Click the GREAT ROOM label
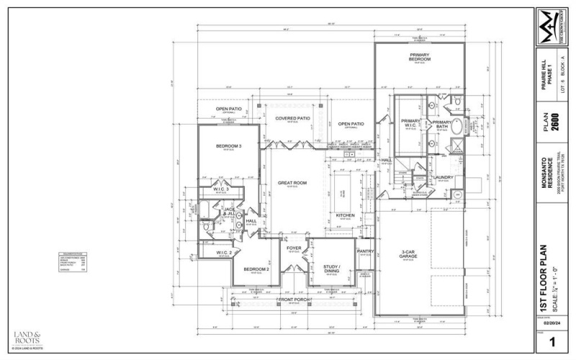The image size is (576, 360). [292, 184]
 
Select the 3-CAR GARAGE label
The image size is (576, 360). [410, 253]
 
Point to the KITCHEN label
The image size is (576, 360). [345, 215]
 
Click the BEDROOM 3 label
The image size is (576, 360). [228, 146]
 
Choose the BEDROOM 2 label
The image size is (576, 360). [256, 269]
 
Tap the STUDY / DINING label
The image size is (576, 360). [331, 268]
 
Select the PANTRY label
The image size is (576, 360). [365, 251]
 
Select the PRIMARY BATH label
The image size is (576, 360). [441, 124]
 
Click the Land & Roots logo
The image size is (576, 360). [28, 336]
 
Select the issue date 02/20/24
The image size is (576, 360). [550, 324]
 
